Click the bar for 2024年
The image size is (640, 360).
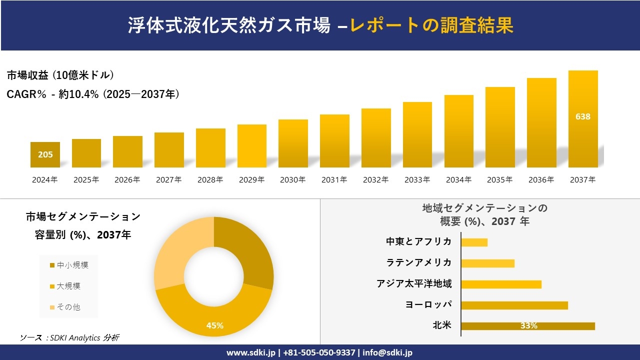tap(45, 154)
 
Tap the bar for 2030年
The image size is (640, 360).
tap(293, 143)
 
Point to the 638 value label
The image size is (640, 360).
tap(583, 116)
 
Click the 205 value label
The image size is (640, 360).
tap(45, 154)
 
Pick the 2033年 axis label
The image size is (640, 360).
tap(417, 180)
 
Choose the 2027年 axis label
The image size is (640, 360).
tap(168, 180)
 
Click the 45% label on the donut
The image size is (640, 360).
tap(214, 325)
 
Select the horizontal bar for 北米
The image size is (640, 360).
tap(528, 326)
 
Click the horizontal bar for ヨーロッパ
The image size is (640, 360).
tap(514, 305)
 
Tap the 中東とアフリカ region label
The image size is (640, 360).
tap(418, 241)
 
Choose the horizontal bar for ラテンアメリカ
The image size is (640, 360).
tap(487, 263)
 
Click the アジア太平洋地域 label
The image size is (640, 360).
tap(414, 284)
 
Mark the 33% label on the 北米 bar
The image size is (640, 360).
tap(528, 326)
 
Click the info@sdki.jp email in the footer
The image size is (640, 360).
tap(387, 352)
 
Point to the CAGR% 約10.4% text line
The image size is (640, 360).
tap(93, 94)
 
